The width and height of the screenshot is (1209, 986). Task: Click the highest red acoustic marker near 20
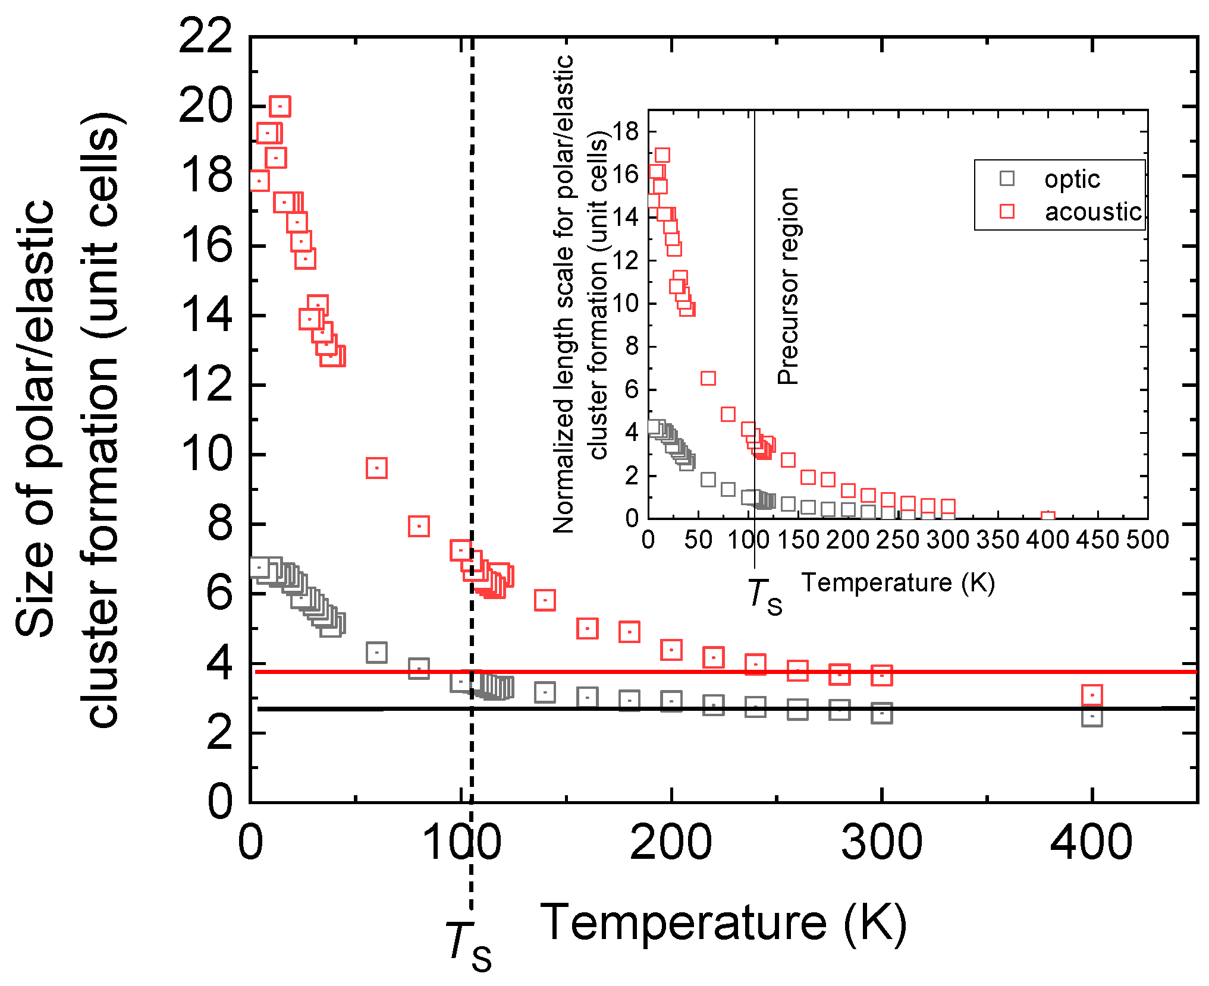tap(280, 106)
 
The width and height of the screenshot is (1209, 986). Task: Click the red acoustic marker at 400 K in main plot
tap(1092, 694)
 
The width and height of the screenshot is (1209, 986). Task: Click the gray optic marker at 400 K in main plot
tap(1092, 716)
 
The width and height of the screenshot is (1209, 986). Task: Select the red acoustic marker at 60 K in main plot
tap(376, 468)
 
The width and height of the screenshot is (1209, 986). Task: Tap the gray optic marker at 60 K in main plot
tap(376, 652)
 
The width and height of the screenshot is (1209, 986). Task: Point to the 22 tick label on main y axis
tap(205, 37)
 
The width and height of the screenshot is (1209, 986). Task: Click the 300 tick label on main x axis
tap(881, 843)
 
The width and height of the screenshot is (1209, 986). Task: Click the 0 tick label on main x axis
tap(250, 843)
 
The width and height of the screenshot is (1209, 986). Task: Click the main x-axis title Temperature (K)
tap(723, 922)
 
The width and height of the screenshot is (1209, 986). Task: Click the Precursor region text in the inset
tap(788, 286)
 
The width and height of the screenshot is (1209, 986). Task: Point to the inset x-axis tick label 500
tap(1147, 540)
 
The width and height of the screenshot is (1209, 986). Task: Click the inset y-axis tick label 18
tap(625, 131)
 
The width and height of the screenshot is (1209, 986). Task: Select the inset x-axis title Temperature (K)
tap(898, 583)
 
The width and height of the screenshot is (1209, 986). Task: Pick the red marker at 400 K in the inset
tap(1048, 518)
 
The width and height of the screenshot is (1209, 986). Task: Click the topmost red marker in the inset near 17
tap(662, 156)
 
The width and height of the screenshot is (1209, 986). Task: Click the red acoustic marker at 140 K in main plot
tap(545, 600)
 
